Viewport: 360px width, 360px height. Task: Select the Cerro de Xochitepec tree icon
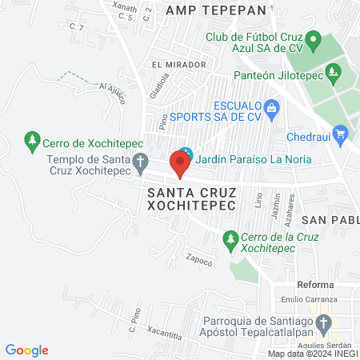coord(32,140)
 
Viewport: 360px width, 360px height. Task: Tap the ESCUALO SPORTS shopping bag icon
coord(272,106)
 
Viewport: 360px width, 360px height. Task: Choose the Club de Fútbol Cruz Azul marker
coord(314,39)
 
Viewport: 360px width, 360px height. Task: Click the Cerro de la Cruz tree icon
coord(230,238)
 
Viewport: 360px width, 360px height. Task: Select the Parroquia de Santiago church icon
coord(323,324)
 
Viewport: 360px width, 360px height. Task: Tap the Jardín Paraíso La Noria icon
coord(186,154)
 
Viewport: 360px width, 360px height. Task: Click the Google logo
coord(27,350)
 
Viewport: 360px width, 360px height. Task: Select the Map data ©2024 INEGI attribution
coord(312,354)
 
